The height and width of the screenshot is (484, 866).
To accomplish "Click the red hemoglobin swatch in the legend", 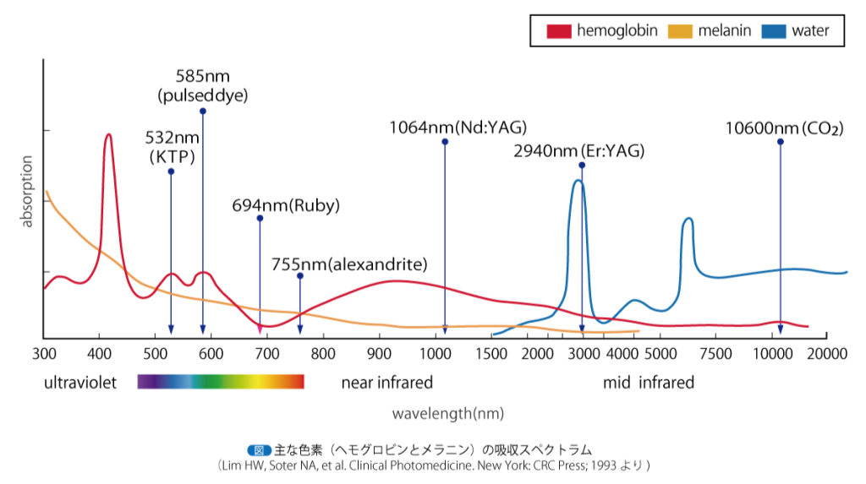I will pos(559,32).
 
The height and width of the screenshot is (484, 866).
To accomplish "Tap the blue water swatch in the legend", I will pos(775,32).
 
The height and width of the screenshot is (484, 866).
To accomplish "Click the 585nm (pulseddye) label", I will pos(203,85).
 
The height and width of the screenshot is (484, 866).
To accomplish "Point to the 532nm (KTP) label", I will pos(172,146).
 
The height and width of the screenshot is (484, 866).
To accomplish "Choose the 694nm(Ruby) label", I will pos(286,205).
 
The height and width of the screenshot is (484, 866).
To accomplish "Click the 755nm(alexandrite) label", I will pos(348,264).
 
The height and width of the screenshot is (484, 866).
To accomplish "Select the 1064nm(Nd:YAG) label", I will pos(458,128).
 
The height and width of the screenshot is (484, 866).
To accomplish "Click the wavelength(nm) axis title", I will pos(448,414).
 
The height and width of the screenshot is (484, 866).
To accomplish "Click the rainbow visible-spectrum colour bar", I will pos(221,383).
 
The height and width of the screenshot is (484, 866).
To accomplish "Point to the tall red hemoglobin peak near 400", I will pos(108,136).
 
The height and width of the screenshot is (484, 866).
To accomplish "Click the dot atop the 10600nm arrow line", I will pos(780,142).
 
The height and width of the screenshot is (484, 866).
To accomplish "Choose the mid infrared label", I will pos(649,383).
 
